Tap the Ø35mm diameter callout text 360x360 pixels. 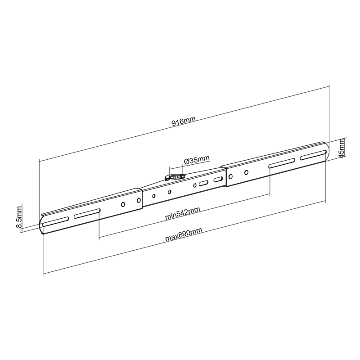point(197,160)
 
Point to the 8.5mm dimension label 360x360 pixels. point(18,218)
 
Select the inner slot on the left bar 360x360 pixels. point(87,213)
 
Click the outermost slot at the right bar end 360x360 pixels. point(313,155)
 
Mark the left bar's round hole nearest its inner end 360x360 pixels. point(137,201)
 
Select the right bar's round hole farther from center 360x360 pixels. point(246,172)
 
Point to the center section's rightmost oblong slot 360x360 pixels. point(218,180)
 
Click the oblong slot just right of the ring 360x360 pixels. point(203,183)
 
